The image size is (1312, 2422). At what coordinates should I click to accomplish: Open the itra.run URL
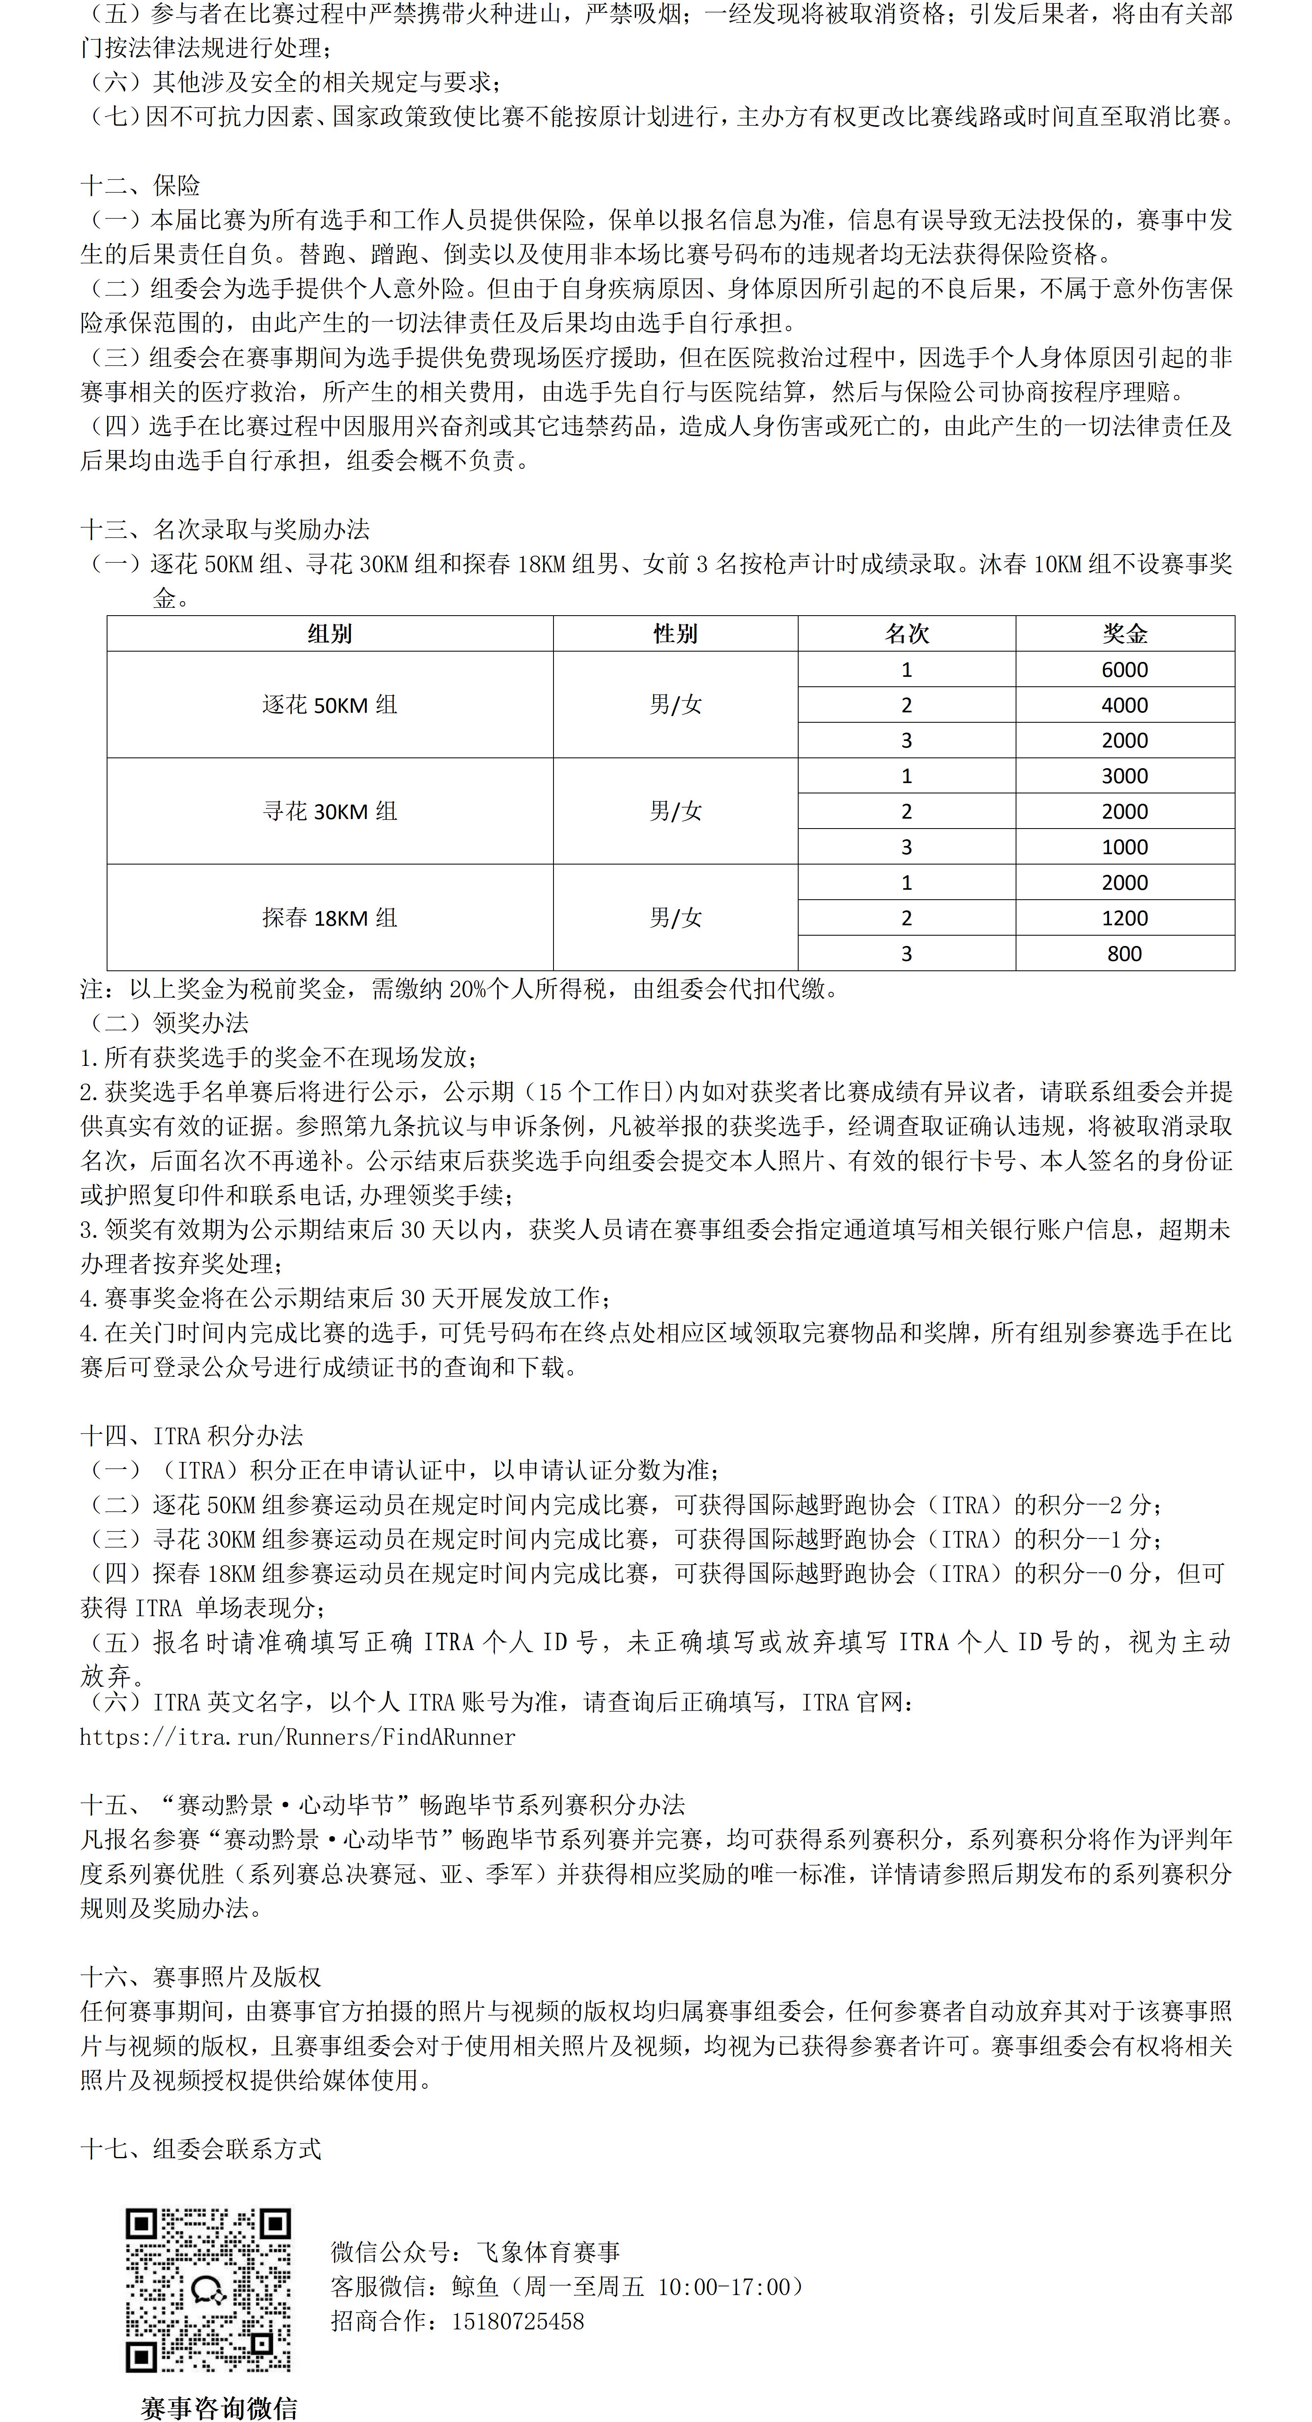tap(297, 1736)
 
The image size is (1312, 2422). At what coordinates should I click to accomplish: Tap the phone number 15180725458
tap(518, 2322)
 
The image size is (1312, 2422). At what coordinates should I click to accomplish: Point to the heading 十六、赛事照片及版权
tap(201, 1977)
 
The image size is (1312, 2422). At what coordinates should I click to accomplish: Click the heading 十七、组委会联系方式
tap(201, 2150)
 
